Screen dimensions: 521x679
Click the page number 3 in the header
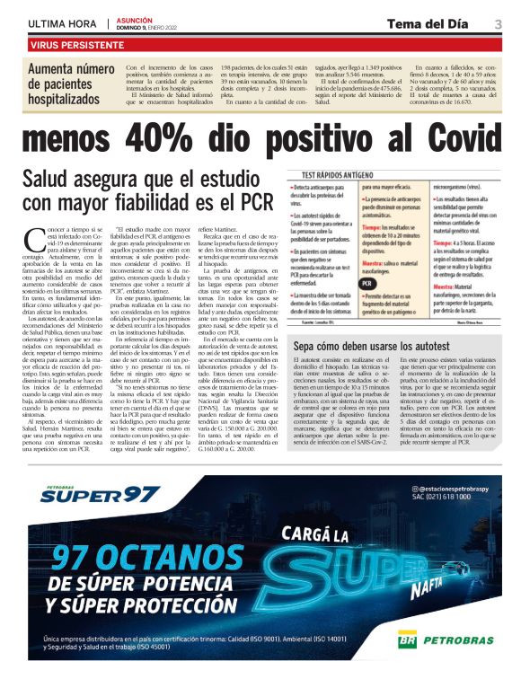[498, 23]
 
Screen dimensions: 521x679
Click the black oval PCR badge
[367, 307]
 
